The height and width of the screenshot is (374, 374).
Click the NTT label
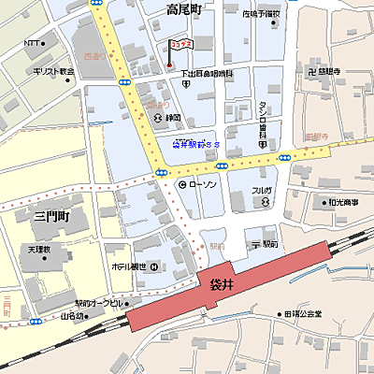32,44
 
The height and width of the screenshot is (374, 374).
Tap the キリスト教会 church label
53,71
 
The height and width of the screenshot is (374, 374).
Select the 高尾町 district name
184,9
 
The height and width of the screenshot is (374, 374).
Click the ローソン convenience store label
203,185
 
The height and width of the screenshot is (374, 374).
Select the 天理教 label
40,250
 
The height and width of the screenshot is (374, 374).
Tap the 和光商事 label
342,202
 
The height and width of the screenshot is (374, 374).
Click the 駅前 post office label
265,243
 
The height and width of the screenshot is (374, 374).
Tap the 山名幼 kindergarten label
75,315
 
